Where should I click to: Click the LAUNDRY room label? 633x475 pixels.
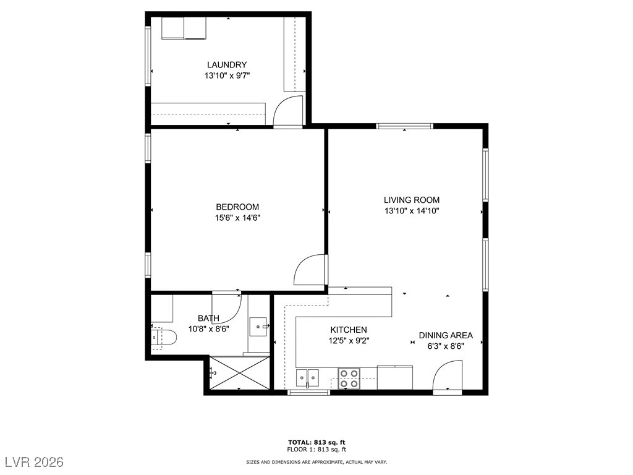coord(227,64)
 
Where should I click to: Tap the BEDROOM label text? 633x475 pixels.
coord(237,207)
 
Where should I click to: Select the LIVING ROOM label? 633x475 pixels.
coord(412,200)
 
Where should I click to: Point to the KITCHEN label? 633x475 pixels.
coord(349,330)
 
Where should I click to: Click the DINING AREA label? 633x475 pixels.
coord(446,335)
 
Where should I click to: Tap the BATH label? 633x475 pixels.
coord(209,319)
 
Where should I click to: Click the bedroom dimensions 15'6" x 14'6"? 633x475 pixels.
coord(237,218)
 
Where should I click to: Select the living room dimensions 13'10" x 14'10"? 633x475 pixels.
coord(412,211)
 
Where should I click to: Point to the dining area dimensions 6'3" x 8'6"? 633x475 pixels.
coord(446,346)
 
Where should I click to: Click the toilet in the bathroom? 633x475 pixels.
coord(164,336)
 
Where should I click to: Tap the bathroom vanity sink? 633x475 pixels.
coord(259,327)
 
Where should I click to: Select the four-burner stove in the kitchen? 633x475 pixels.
coord(349,379)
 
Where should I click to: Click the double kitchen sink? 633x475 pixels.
coord(307,379)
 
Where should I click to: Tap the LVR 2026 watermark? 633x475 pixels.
coord(35,462)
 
